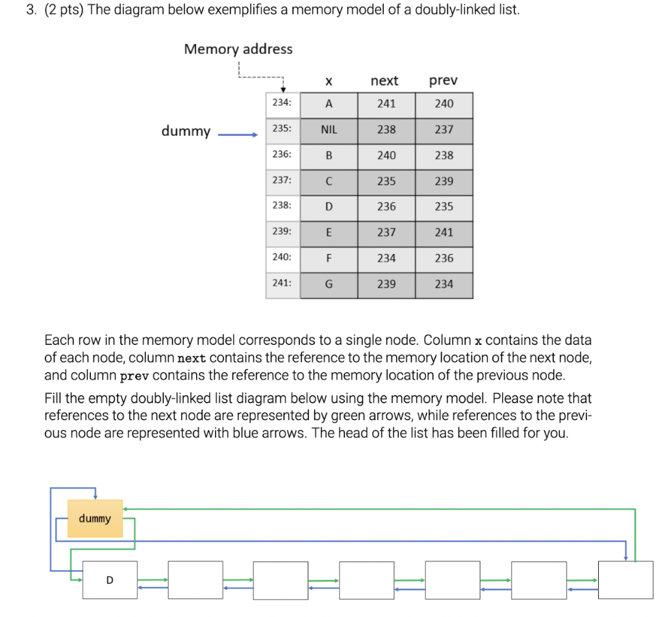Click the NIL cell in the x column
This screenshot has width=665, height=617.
[x=329, y=130]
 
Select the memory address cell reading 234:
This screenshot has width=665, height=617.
[x=282, y=103]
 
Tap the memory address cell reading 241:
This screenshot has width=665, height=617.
[x=282, y=284]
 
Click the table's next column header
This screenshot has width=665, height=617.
[x=384, y=81]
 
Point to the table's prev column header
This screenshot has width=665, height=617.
[x=444, y=81]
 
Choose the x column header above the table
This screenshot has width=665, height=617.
[x=329, y=81]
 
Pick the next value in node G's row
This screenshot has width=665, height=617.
[x=386, y=284]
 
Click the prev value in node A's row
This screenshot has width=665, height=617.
[x=444, y=104]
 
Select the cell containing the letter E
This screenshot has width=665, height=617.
[x=329, y=233]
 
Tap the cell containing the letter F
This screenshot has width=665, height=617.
[x=329, y=258]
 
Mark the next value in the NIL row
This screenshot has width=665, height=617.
[x=386, y=130]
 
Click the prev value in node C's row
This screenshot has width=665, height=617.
[x=444, y=181]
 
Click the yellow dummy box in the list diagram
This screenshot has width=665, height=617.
[x=95, y=518]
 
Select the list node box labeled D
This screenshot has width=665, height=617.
[x=109, y=580]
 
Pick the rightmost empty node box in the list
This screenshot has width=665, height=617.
[x=625, y=580]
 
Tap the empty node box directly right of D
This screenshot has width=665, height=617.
[x=195, y=580]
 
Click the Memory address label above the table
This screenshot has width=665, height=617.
[x=238, y=49]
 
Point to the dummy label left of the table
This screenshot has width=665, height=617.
[x=186, y=132]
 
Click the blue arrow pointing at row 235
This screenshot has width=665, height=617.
[x=237, y=136]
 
